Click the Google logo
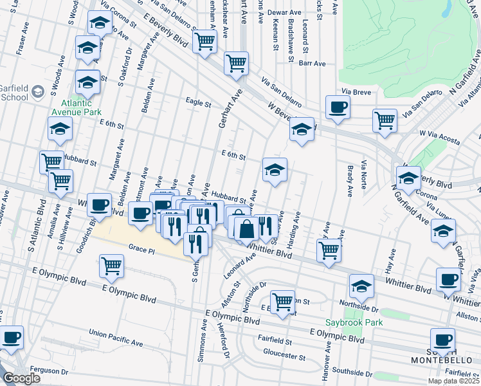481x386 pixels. [21, 378]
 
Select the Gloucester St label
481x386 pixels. [284, 355]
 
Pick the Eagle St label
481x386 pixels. [198, 102]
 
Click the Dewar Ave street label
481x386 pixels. [286, 12]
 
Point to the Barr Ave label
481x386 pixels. [313, 64]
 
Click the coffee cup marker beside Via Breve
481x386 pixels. [337, 107]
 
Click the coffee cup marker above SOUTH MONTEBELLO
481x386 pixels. [442, 340]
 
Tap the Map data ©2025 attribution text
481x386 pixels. [454, 381]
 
